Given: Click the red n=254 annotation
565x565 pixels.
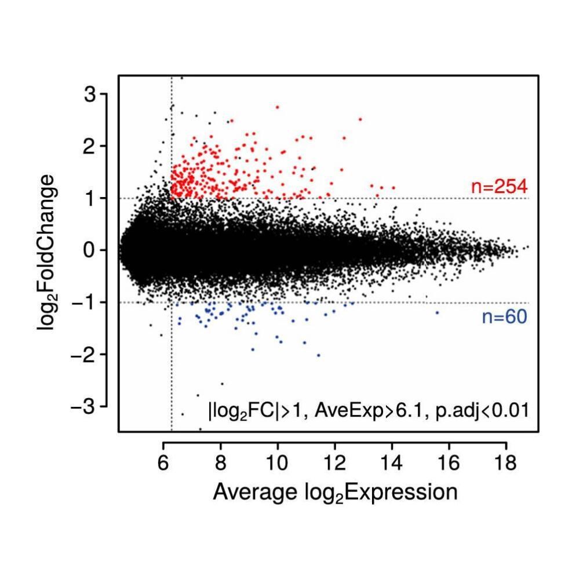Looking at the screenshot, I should click(498, 187).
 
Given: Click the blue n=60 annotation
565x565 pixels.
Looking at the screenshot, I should click(504, 317).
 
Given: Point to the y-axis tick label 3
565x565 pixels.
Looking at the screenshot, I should click(90, 94).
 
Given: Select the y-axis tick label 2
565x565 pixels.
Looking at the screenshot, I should click(90, 146).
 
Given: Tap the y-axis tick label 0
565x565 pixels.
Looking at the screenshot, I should click(90, 250).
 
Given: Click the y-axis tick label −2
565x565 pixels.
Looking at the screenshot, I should click(83, 355).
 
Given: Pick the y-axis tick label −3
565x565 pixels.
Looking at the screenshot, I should click(83, 407).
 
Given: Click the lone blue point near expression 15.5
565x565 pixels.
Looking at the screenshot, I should click(438, 313).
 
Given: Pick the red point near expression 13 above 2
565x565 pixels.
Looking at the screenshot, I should click(360, 119).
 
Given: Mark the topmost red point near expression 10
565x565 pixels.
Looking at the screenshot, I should click(278, 107).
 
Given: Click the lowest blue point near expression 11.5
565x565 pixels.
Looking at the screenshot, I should click(318, 355).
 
